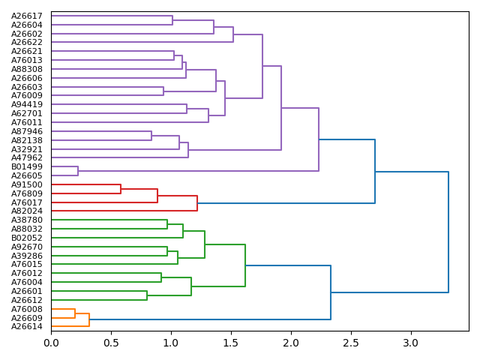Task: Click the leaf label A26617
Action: click(27, 16)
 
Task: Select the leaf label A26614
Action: click(27, 327)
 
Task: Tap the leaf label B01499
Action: click(27, 166)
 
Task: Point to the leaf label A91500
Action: click(27, 184)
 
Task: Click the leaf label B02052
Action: click(27, 238)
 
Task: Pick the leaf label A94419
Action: click(27, 104)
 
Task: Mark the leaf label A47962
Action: click(27, 157)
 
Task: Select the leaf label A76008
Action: click(27, 309)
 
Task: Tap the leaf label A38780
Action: click(27, 220)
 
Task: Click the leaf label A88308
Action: click(27, 69)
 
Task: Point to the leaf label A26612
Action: click(27, 300)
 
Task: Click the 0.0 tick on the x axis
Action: click(51, 343)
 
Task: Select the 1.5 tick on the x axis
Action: click(231, 343)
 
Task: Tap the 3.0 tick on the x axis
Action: click(410, 343)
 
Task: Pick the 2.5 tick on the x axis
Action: click(350, 343)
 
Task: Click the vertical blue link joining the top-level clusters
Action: click(448, 232)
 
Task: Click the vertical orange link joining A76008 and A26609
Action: click(75, 313)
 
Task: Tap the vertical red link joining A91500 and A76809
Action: click(121, 189)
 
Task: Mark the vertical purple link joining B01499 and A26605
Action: click(78, 171)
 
